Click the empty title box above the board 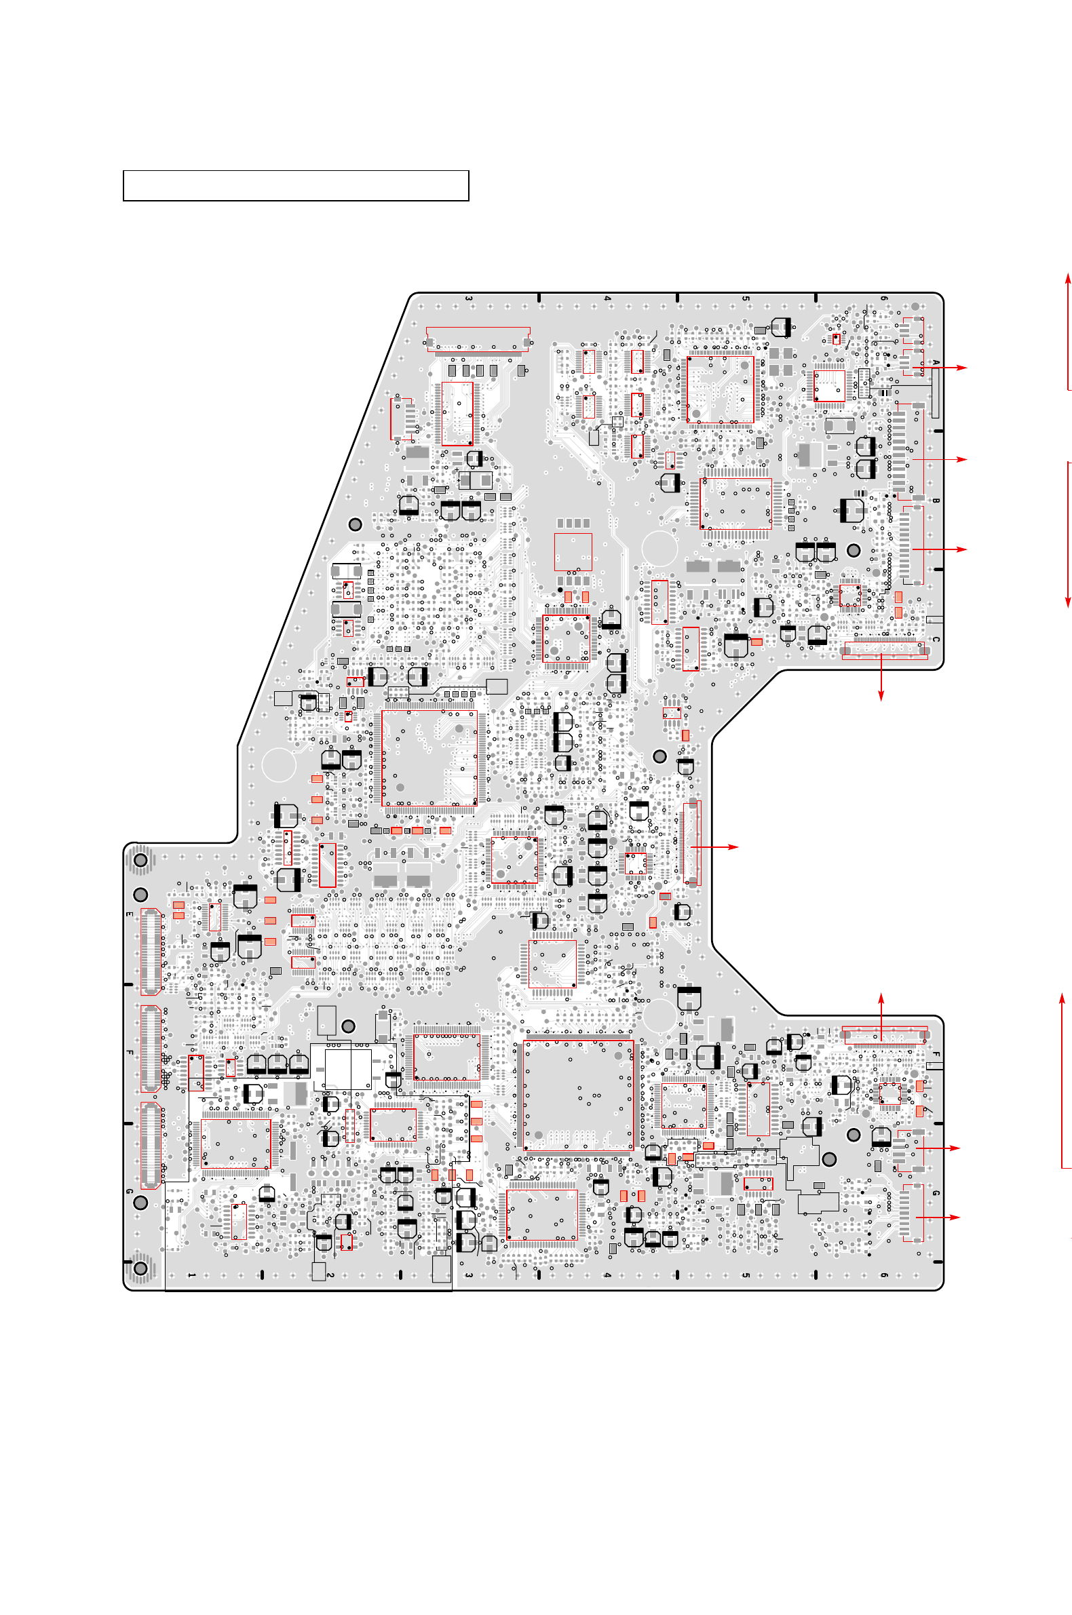pyautogui.click(x=295, y=186)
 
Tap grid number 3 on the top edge pyautogui.click(x=468, y=298)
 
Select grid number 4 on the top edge pyautogui.click(x=607, y=298)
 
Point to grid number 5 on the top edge pyautogui.click(x=745, y=298)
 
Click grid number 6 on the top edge pyautogui.click(x=883, y=298)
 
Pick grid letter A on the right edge pyautogui.click(x=936, y=363)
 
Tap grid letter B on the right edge pyautogui.click(x=936, y=501)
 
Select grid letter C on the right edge pyautogui.click(x=936, y=639)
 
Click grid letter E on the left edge pyautogui.click(x=129, y=914)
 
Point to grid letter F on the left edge pyautogui.click(x=129, y=1053)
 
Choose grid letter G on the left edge pyautogui.click(x=129, y=1191)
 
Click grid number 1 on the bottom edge pyautogui.click(x=191, y=1275)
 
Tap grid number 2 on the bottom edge pyautogui.click(x=330, y=1275)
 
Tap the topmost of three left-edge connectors pyautogui.click(x=151, y=952)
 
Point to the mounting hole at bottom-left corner pyautogui.click(x=141, y=1268)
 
